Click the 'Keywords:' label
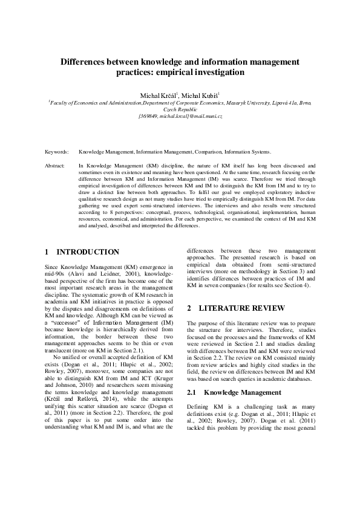(57, 152)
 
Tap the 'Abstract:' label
(56, 164)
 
